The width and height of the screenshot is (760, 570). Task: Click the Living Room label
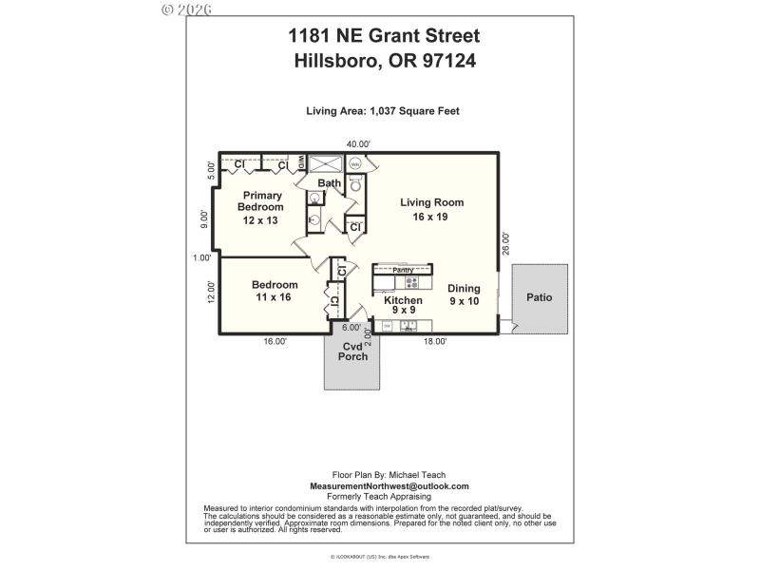tap(424, 209)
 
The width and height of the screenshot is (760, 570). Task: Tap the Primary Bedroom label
tap(260, 207)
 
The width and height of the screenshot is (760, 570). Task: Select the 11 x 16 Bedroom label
tap(275, 291)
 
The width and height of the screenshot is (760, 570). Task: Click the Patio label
tap(539, 297)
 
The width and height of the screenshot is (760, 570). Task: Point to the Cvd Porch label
tap(352, 351)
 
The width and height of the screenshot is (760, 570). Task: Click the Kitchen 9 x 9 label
tap(403, 305)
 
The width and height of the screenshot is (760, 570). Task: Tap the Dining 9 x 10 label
tap(465, 294)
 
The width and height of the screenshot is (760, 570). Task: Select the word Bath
tap(330, 183)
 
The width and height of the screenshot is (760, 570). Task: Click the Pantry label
tap(404, 270)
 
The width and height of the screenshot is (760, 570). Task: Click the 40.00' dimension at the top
tap(358, 143)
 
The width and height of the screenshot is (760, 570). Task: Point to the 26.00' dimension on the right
tap(505, 244)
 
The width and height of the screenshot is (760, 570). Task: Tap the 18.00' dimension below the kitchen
tap(434, 342)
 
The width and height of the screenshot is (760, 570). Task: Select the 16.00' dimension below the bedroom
tap(274, 342)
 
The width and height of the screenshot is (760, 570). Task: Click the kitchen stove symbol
tap(412, 282)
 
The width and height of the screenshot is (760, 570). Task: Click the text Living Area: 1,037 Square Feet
tap(383, 111)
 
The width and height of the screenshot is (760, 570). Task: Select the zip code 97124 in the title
tap(447, 61)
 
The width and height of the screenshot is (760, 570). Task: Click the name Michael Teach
tap(411, 475)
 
